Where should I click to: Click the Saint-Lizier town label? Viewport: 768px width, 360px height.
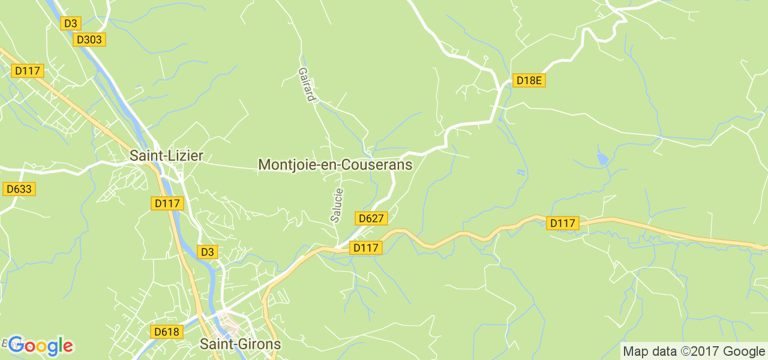(167, 156)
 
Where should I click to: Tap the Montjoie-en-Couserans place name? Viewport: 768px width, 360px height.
(335, 164)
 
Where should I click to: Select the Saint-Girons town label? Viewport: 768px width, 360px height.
(240, 344)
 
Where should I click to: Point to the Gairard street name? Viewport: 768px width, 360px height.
(307, 84)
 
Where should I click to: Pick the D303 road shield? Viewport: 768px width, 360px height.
(89, 40)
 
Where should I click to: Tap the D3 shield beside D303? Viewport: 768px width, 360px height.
(71, 23)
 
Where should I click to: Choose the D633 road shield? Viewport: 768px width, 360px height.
(19, 189)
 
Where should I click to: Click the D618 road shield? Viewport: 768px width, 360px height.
(166, 332)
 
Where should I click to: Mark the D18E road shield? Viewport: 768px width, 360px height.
(529, 80)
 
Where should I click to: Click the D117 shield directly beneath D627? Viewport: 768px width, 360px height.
(366, 247)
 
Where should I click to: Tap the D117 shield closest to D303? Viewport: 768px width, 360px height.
(27, 71)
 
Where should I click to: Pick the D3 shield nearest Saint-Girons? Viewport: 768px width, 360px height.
(207, 252)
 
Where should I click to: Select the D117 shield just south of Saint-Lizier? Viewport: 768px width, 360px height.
(167, 203)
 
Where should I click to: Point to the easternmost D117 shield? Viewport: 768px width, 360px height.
(563, 223)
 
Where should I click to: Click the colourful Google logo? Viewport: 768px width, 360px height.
(40, 346)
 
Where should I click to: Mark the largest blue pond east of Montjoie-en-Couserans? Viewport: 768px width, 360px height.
(602, 159)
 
